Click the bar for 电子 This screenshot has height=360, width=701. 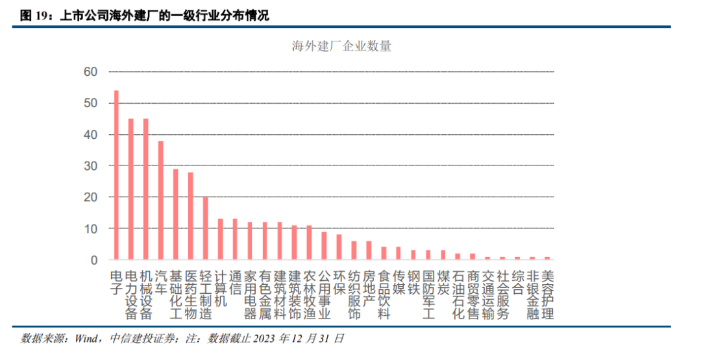coord(116,175)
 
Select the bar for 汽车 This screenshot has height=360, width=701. coord(160,200)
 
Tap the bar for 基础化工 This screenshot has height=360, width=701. coord(175,214)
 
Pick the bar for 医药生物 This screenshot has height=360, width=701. coord(190,216)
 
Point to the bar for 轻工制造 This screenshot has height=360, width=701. coord(205,228)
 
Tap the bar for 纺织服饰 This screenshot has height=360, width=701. coord(354,250)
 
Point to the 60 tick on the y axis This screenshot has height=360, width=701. coord(90,72)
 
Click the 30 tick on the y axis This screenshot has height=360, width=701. coord(90,166)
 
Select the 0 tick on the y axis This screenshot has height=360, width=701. coord(93,260)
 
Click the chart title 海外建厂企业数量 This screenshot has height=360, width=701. coord(341,47)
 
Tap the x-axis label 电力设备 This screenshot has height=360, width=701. coord(130,294)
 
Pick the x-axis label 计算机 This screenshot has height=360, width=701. coord(220,288)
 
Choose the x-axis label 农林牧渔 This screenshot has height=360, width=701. coord(309,294)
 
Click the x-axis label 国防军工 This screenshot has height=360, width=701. coord(428,294)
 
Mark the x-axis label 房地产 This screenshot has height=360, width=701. coord(369,288)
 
